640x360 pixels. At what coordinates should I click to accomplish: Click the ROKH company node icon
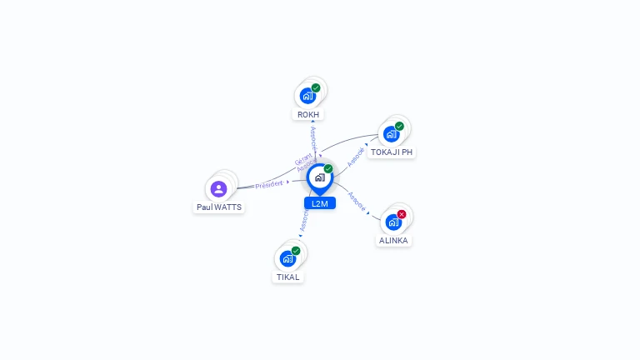[308, 95]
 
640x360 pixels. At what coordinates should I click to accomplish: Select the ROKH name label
[307, 114]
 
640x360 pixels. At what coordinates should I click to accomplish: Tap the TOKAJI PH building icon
[392, 133]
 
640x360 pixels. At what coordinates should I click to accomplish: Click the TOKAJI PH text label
[392, 152]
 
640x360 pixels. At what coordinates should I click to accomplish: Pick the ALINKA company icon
[393, 222]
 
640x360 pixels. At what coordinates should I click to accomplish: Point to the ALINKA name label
[393, 240]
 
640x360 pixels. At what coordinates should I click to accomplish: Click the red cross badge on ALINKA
[402, 214]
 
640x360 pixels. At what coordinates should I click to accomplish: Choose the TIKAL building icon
[287, 258]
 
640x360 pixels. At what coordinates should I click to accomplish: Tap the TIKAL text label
[287, 277]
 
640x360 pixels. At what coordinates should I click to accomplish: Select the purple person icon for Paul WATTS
[218, 188]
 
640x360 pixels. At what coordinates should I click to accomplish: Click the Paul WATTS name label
[219, 207]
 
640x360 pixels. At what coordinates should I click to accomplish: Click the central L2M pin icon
[319, 177]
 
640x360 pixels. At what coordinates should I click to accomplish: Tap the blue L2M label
[319, 203]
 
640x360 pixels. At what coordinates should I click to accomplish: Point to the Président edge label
[269, 184]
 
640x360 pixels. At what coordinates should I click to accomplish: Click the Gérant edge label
[303, 158]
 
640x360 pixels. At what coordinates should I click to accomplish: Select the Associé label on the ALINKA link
[357, 201]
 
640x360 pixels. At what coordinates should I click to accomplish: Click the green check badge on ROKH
[316, 87]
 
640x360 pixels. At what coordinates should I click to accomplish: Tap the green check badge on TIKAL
[296, 251]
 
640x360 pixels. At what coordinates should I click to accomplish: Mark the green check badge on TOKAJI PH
[399, 126]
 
